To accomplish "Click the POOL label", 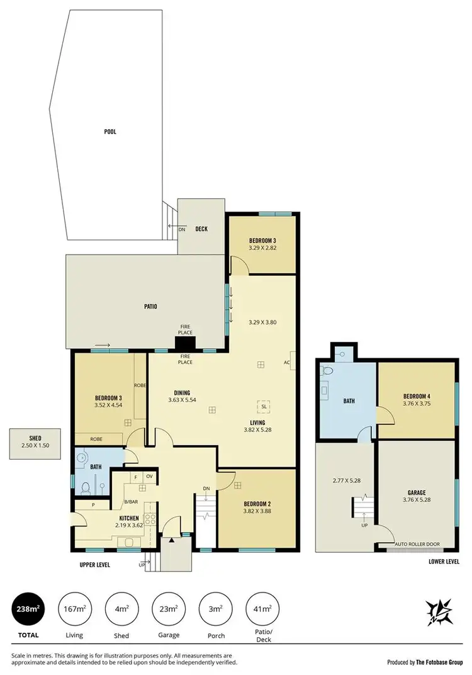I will (x=110, y=132).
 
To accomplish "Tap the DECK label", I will (x=201, y=229).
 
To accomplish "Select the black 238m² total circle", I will (x=28, y=609).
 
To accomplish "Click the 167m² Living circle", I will (x=75, y=609).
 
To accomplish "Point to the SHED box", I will (x=35, y=444).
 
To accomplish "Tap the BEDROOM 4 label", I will (x=415, y=396).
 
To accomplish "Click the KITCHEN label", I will (x=129, y=518).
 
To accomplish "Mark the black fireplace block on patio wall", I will (x=186, y=343).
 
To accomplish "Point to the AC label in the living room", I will (x=286, y=362).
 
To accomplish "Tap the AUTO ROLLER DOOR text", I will (x=416, y=543).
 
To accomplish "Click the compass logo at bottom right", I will (x=441, y=611).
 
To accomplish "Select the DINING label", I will (x=182, y=392).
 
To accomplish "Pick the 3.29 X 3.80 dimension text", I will (x=263, y=322).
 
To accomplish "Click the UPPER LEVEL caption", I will (x=94, y=565).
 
